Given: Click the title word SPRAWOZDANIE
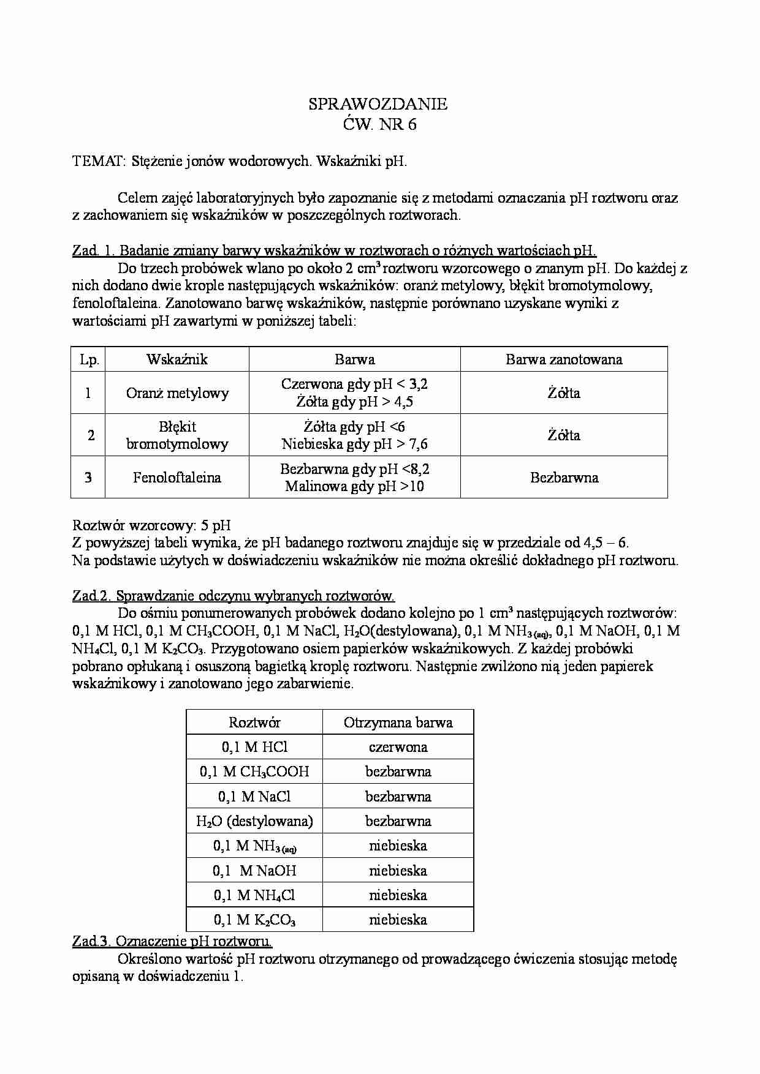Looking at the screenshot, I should click(378, 105).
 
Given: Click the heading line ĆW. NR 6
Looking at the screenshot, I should click(378, 125).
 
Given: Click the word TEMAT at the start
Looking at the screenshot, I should click(99, 162).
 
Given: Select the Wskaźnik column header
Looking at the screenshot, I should click(177, 359).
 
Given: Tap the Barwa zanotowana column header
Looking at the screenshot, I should click(563, 359).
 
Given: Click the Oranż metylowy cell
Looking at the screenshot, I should click(177, 393).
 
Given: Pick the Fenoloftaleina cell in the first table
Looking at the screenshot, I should click(177, 478).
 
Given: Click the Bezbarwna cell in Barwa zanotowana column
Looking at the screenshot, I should click(563, 478).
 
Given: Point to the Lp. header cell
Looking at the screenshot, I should click(89, 359).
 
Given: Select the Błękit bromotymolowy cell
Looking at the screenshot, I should click(177, 435).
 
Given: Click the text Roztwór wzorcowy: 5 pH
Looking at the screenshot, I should click(151, 525).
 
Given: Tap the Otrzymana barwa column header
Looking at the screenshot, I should click(398, 723).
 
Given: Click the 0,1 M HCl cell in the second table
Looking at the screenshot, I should click(254, 747).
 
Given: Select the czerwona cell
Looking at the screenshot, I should click(398, 747).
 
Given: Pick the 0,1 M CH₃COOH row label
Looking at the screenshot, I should click(254, 772).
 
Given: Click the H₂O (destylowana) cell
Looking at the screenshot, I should click(254, 821).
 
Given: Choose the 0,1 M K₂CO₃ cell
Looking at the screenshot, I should click(254, 920).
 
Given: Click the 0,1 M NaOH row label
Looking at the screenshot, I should click(254, 871).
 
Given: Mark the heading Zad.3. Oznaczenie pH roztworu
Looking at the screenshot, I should click(172, 942).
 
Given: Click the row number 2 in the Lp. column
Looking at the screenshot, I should click(91, 435).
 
